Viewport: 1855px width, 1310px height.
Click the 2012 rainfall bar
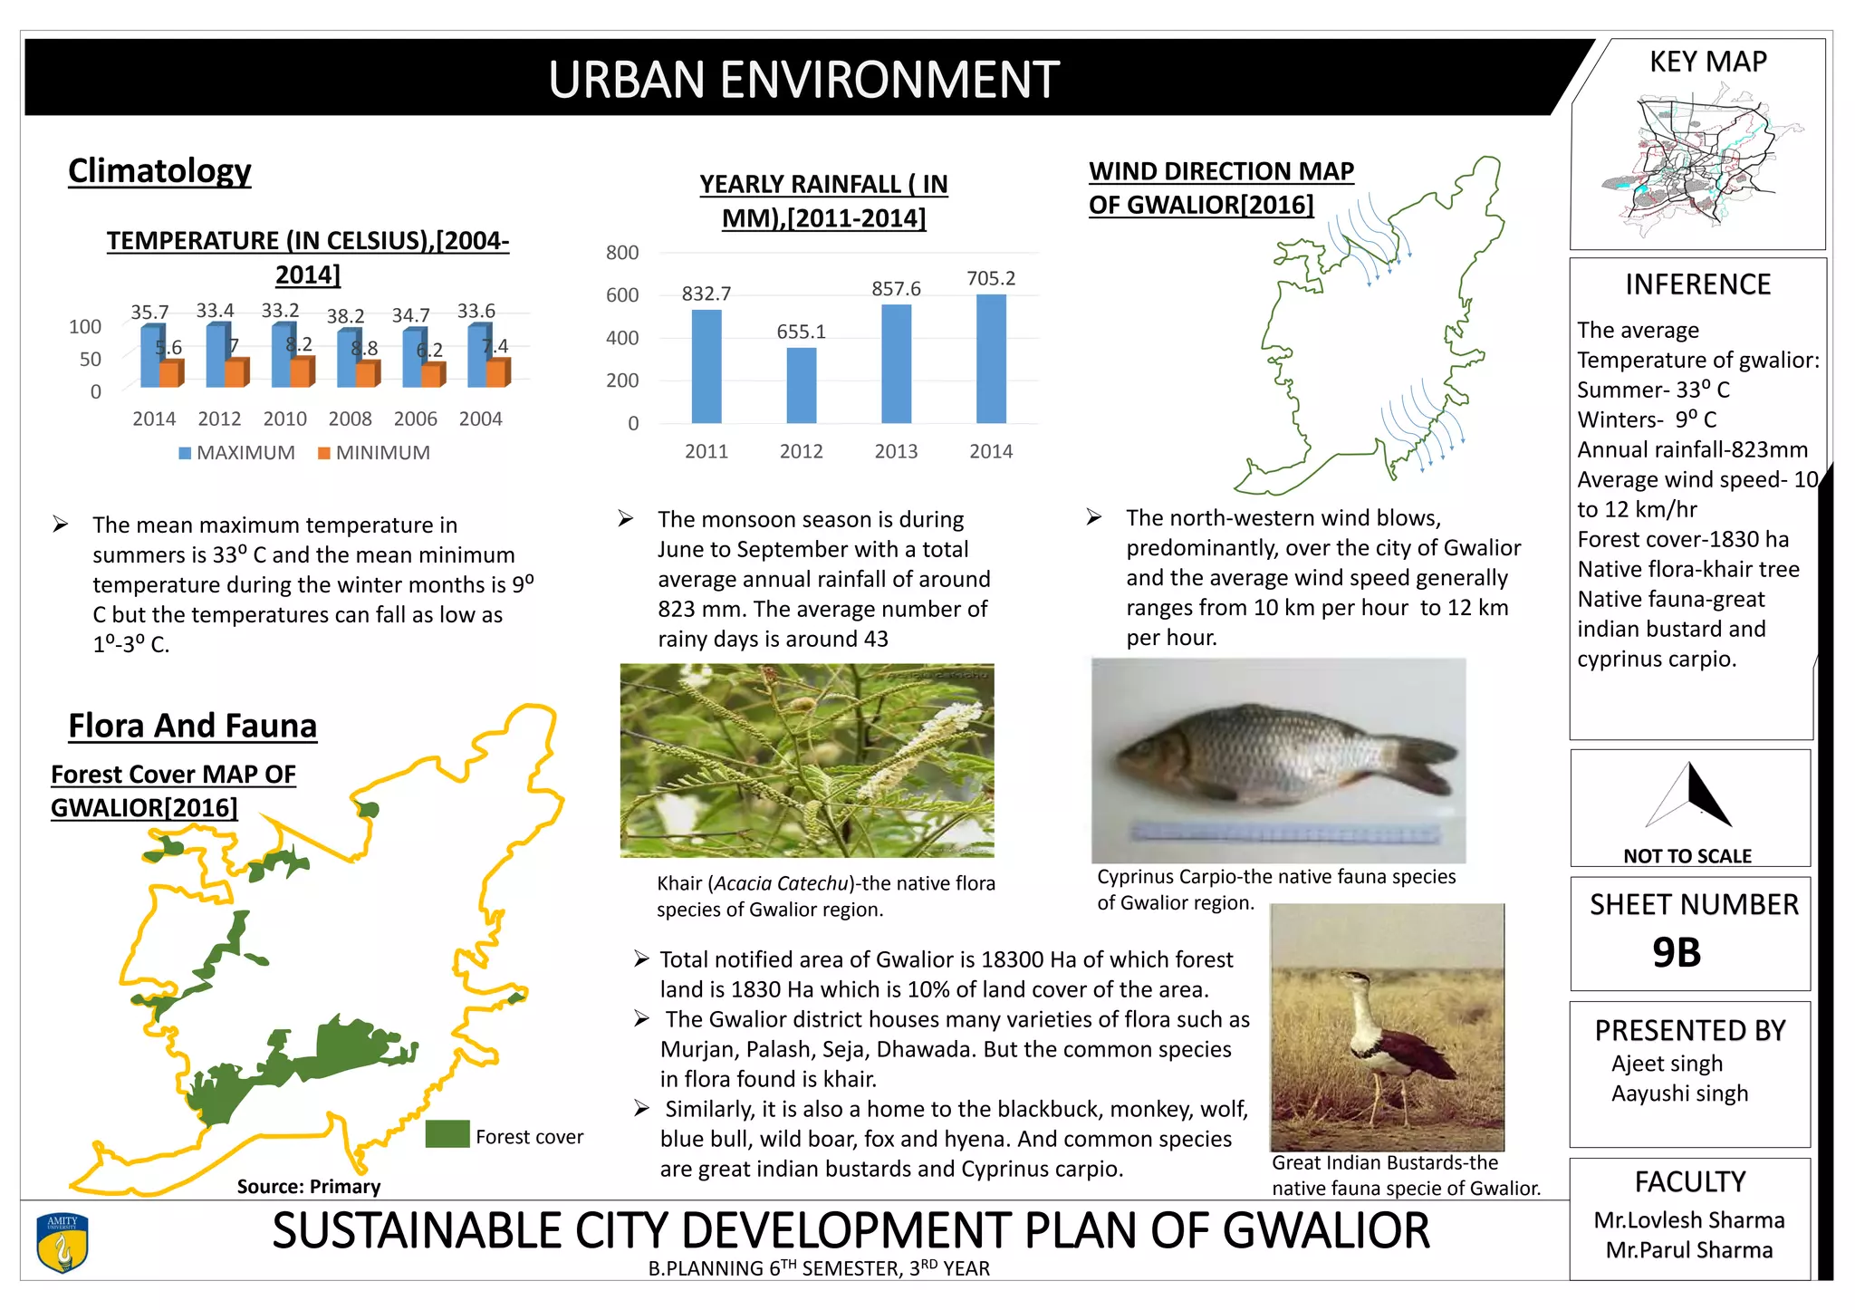pyautogui.click(x=801, y=385)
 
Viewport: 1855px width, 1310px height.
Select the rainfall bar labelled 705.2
pyautogui.click(x=991, y=359)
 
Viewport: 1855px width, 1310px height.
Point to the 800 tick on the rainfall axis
pyautogui.click(x=622, y=253)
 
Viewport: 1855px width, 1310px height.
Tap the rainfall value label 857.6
pyautogui.click(x=896, y=289)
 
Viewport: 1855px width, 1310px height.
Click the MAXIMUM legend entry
pyautogui.click(x=237, y=453)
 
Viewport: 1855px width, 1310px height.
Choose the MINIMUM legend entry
pyautogui.click(x=374, y=453)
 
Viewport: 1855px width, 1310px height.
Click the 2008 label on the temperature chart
pyautogui.click(x=350, y=419)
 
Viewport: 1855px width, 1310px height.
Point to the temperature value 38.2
pyautogui.click(x=345, y=316)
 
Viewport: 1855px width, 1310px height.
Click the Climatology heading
pyautogui.click(x=159, y=171)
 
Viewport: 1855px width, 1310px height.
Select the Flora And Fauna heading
pyautogui.click(x=192, y=727)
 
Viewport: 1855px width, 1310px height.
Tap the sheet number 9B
pyautogui.click(x=1676, y=953)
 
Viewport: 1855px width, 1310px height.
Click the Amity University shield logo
pyautogui.click(x=62, y=1243)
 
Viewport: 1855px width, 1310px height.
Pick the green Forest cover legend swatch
pyautogui.click(x=447, y=1134)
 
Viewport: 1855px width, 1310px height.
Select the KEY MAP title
pyautogui.click(x=1707, y=62)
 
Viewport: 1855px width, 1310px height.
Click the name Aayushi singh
pyautogui.click(x=1679, y=1093)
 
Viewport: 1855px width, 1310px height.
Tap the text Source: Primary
pyautogui.click(x=309, y=1187)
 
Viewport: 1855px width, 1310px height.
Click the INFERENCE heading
pyautogui.click(x=1697, y=284)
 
